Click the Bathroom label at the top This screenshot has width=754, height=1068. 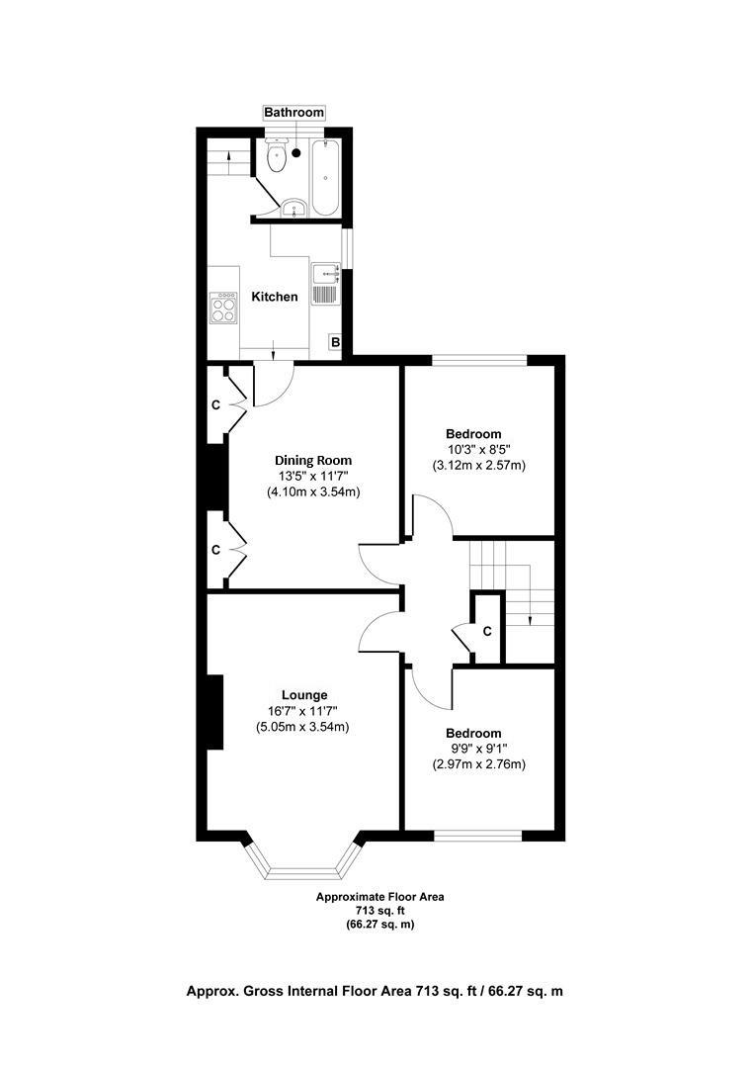tap(293, 113)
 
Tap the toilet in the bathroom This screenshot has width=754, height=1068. tap(276, 158)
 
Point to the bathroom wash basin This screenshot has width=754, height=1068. tap(293, 208)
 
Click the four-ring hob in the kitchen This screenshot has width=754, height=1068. tap(223, 309)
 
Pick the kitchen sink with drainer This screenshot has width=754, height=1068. tap(325, 284)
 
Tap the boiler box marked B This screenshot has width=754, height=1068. tap(335, 343)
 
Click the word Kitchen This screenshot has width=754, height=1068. tap(274, 297)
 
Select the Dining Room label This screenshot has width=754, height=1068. tap(312, 460)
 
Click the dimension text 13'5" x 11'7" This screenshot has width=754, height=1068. tap(312, 476)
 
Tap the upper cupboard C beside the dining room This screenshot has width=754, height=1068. tap(216, 405)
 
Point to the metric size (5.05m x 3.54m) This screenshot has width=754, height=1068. tap(303, 728)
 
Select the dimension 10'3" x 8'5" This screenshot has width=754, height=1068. tap(473, 449)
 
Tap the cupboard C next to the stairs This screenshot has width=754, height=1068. tap(487, 631)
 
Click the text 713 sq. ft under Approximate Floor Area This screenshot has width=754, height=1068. tap(379, 911)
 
